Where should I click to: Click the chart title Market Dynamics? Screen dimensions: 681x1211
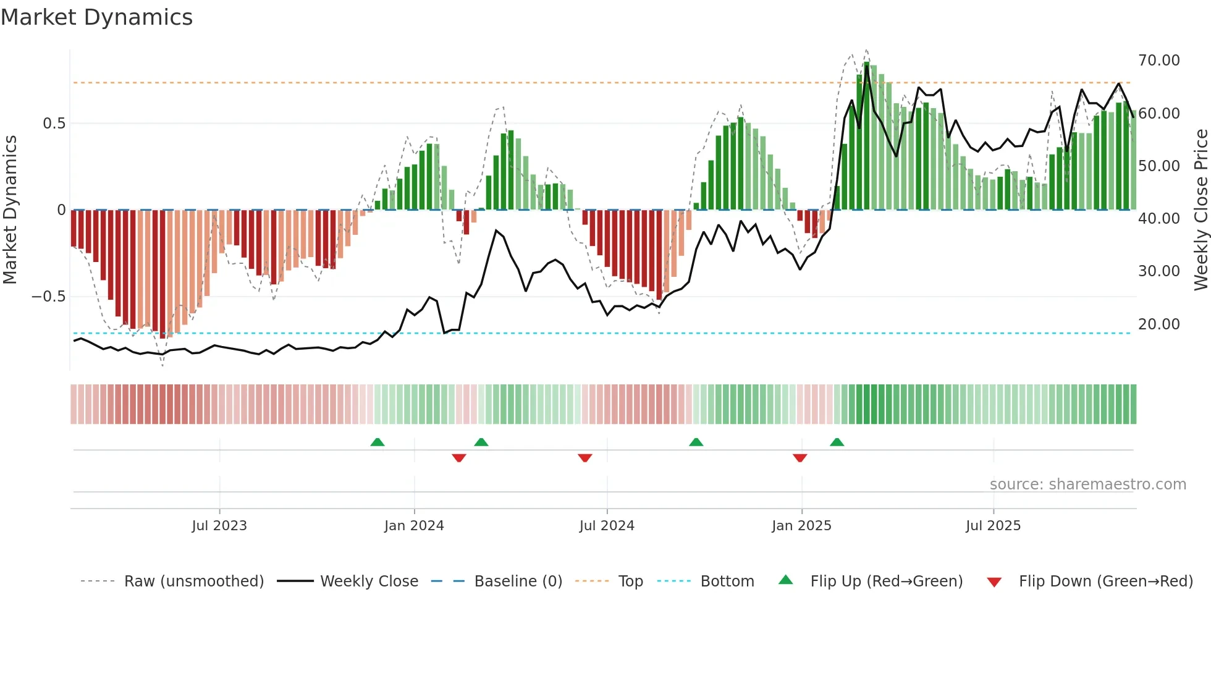point(97,17)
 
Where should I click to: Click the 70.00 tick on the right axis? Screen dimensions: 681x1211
point(1158,61)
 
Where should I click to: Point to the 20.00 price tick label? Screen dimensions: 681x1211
point(1158,324)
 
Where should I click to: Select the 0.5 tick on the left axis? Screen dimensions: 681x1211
point(54,124)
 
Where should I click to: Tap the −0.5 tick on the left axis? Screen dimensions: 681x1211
point(49,297)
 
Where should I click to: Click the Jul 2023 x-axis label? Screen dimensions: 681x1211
point(219,526)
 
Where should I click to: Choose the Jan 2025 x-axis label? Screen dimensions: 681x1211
point(801,526)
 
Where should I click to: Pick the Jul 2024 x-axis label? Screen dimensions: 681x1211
point(607,526)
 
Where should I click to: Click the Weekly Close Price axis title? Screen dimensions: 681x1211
point(1200,210)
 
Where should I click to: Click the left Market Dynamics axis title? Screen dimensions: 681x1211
point(11,210)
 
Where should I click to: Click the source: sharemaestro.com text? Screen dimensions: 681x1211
point(1087,484)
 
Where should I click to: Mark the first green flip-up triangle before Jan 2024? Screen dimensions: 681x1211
point(378,442)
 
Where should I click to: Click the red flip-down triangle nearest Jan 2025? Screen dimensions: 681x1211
point(800,458)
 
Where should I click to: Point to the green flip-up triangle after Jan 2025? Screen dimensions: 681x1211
point(837,442)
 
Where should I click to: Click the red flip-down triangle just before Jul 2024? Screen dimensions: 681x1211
point(585,458)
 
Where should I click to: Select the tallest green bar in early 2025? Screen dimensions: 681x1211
point(867,136)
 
